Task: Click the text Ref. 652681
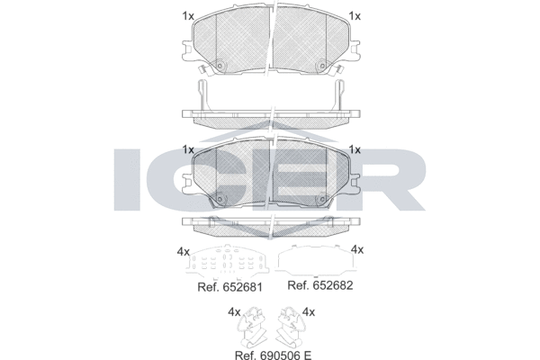[x=229, y=287]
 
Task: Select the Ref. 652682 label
[x=319, y=285]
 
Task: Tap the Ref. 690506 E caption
[x=273, y=355]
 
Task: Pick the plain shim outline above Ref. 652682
[x=315, y=261]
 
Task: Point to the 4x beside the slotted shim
[x=184, y=252]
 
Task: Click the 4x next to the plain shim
[x=356, y=249]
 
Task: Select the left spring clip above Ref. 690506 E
[x=251, y=327]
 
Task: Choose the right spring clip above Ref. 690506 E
[x=292, y=327]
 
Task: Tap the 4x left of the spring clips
[x=234, y=312]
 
